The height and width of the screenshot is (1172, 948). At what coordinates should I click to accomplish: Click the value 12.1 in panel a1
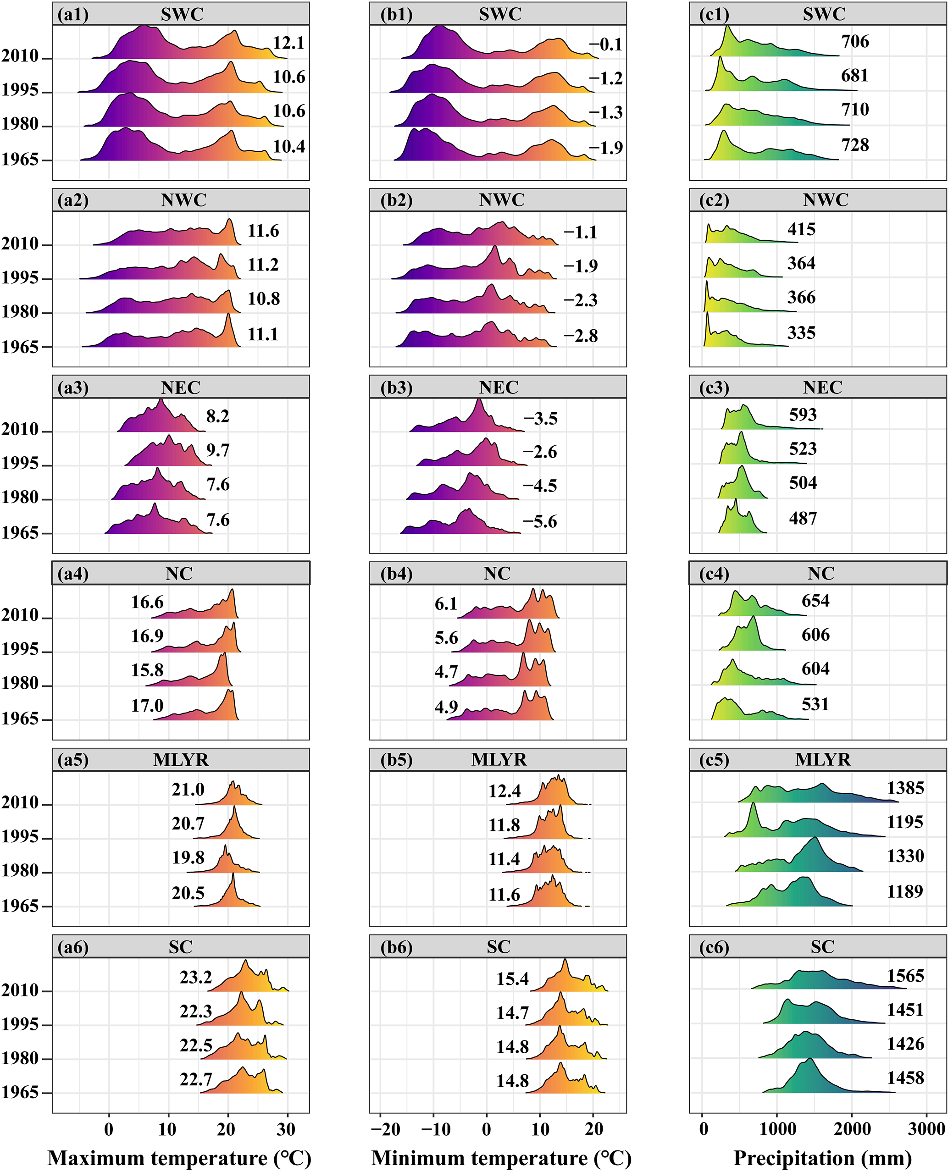pyautogui.click(x=288, y=43)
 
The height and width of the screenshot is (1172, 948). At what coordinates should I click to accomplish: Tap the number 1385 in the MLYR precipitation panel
pyautogui.click(x=905, y=788)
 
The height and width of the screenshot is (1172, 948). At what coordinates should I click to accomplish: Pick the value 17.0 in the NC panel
pyautogui.click(x=147, y=705)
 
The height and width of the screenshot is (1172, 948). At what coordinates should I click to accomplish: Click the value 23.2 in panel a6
pyautogui.click(x=195, y=977)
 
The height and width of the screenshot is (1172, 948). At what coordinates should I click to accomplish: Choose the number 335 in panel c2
pyautogui.click(x=801, y=332)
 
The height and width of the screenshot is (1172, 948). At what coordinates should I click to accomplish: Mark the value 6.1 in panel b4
pyautogui.click(x=446, y=604)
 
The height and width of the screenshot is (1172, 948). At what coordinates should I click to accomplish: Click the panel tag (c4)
pyautogui.click(x=714, y=574)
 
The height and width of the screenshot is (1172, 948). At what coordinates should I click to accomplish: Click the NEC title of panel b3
pyautogui.click(x=499, y=387)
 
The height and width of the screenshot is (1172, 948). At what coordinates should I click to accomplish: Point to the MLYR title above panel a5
pyautogui.click(x=181, y=760)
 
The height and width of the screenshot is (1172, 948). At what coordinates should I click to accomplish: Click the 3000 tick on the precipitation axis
pyautogui.click(x=926, y=1128)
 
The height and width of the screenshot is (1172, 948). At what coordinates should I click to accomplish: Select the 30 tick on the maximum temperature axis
pyautogui.click(x=286, y=1128)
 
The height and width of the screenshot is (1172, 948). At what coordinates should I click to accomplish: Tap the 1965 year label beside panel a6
pyautogui.click(x=20, y=1092)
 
